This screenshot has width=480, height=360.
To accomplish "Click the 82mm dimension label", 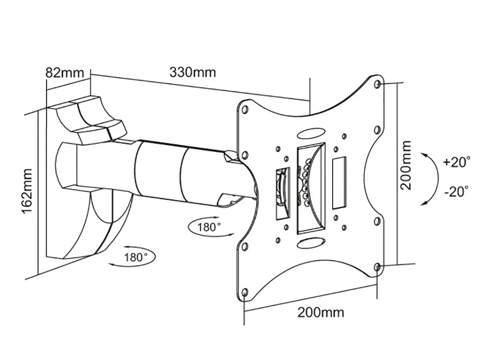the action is pyautogui.click(x=65, y=72).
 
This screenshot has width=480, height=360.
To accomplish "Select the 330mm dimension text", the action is pyautogui.click(x=193, y=72).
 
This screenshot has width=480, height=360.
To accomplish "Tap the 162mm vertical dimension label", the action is pyautogui.click(x=26, y=192).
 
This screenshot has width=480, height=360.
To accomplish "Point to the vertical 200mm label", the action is pyautogui.click(x=406, y=165).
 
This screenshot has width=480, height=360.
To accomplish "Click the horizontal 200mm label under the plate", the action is pyautogui.click(x=321, y=312).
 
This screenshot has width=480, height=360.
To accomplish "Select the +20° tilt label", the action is pyautogui.click(x=457, y=162).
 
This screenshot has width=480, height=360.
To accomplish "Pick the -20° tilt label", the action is pyautogui.click(x=456, y=192).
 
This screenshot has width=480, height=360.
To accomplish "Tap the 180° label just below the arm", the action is pyautogui.click(x=209, y=227).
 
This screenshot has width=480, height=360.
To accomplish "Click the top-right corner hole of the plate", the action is pyautogui.click(x=378, y=84).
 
